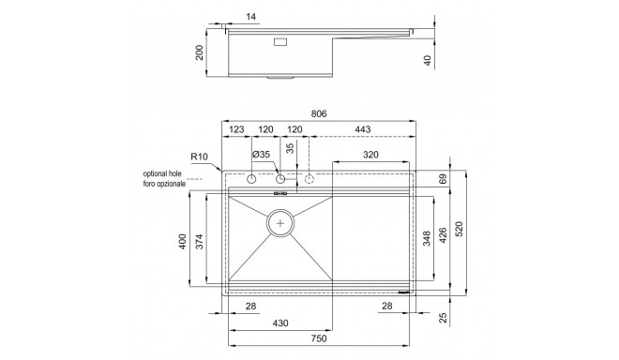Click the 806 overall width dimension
coord(319,113)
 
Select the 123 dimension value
coord(236,129)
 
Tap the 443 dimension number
coord(363,129)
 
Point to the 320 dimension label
coord(370,155)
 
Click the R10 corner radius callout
coord(199,157)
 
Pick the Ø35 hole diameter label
coord(261,155)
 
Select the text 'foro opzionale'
coord(164,184)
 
